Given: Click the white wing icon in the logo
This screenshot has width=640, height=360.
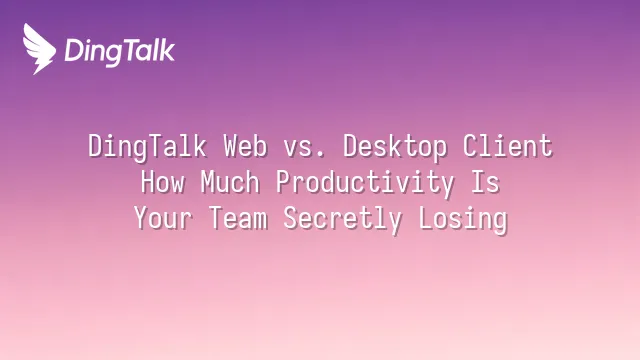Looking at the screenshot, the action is click(39, 49).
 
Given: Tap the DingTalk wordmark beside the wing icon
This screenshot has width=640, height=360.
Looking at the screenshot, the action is click(120, 51).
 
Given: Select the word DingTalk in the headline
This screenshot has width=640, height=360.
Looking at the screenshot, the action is click(147, 147).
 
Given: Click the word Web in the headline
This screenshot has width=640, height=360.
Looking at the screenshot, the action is click(245, 146).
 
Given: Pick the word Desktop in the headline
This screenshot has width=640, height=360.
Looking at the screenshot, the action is click(395, 147).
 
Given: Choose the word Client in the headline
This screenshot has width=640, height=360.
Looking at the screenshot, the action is click(507, 146).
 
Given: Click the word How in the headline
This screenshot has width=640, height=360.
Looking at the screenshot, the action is click(162, 182).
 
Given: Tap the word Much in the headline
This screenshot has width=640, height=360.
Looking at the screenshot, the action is click(230, 182).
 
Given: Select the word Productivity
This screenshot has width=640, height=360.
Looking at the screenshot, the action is click(365, 183).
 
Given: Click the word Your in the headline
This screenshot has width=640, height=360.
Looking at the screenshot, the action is click(163, 218).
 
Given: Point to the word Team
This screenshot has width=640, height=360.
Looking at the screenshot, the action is click(238, 218).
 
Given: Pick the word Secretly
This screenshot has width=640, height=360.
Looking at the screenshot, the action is click(342, 219).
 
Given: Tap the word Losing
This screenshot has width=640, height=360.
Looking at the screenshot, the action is click(463, 219).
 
